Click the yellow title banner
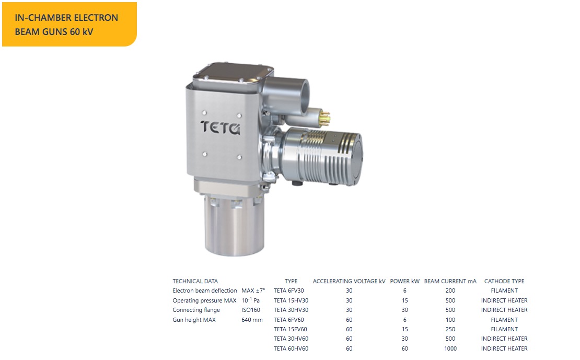pos(69,25)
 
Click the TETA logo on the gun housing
pos(221,127)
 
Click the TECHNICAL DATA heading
pos(195,281)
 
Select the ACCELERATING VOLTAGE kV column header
pos(349,281)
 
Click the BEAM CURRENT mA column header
pos(450,281)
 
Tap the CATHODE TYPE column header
pos(504,281)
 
